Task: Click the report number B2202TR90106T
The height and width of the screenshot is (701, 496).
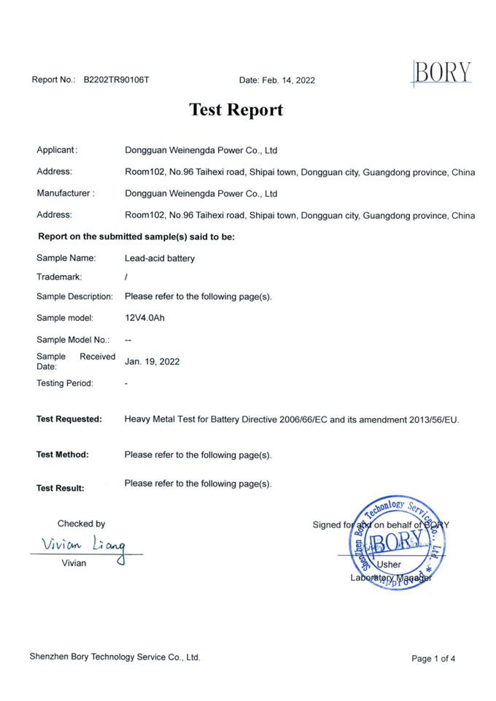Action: pyautogui.click(x=116, y=80)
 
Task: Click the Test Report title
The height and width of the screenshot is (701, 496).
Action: pyautogui.click(x=236, y=110)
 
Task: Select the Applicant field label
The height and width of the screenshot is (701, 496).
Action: pyautogui.click(x=57, y=150)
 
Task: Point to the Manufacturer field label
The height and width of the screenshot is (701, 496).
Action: pyautogui.click(x=66, y=193)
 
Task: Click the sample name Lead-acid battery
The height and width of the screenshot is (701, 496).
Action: pyautogui.click(x=160, y=258)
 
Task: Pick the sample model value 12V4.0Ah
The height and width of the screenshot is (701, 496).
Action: pyautogui.click(x=145, y=318)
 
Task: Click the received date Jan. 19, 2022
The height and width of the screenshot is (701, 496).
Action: pyautogui.click(x=152, y=361)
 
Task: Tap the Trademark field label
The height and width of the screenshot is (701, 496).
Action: pyautogui.click(x=59, y=276)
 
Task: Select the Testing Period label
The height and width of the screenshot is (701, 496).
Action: pyautogui.click(x=65, y=383)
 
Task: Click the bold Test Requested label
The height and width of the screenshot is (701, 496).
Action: pyautogui.click(x=69, y=419)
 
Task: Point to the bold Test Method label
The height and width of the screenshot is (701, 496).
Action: pyautogui.click(x=63, y=454)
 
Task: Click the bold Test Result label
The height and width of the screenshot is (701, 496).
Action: pyautogui.click(x=61, y=488)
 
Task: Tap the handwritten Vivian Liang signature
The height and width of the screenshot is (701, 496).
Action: pyautogui.click(x=84, y=545)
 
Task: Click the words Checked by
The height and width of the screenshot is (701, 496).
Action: pyautogui.click(x=81, y=523)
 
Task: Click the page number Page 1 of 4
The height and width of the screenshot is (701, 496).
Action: pyautogui.click(x=433, y=659)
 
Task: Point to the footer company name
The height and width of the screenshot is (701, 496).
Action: pyautogui.click(x=115, y=657)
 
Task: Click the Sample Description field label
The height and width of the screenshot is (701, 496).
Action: pyautogui.click(x=74, y=296)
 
